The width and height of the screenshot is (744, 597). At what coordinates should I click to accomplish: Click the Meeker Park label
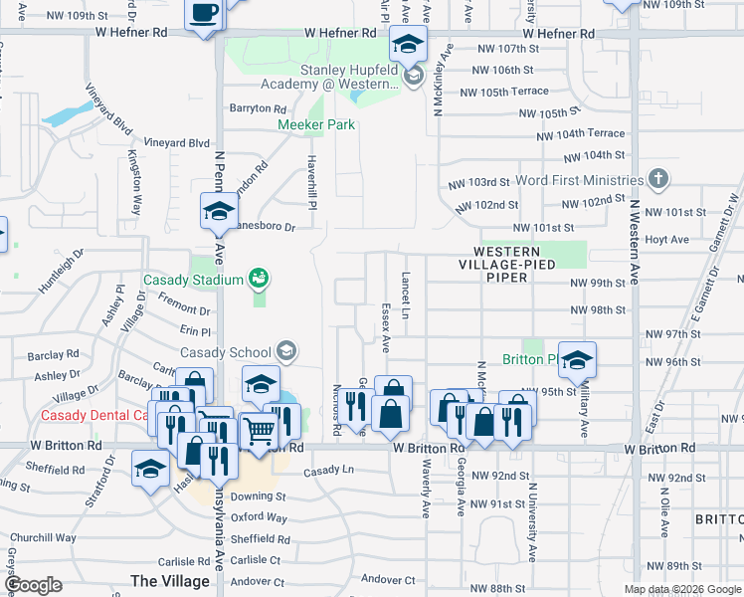click(316, 124)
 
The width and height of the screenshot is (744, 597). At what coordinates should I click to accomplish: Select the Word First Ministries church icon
click(656, 180)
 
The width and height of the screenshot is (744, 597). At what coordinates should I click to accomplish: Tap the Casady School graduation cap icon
click(286, 350)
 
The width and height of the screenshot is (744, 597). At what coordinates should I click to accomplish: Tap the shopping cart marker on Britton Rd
click(259, 430)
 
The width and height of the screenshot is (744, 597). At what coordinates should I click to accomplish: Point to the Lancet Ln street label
click(406, 289)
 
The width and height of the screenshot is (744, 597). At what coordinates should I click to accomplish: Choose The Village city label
click(170, 580)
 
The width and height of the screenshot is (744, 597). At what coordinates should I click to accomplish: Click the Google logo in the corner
click(34, 585)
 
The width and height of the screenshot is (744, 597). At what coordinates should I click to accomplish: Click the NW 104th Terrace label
click(580, 133)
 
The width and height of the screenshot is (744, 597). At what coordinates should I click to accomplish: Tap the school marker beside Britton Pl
click(576, 360)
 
